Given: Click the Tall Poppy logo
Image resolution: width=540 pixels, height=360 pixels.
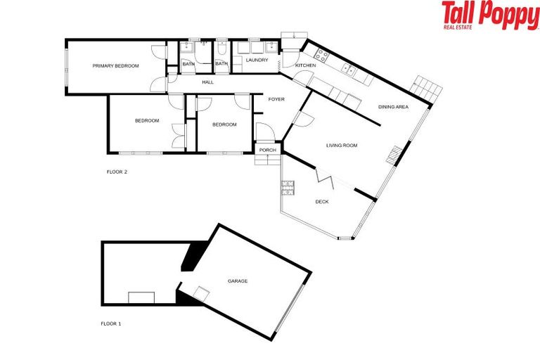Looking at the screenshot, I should [x=490, y=15].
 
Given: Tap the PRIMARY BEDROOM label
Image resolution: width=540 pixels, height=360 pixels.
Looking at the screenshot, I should [x=116, y=66].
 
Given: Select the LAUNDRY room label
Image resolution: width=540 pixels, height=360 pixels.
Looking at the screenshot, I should [x=256, y=60].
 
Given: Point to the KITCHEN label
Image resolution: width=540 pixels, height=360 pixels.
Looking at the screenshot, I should [x=306, y=65].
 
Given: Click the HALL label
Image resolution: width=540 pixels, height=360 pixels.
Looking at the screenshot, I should [x=207, y=83].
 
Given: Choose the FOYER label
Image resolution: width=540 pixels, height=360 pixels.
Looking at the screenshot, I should [x=276, y=100].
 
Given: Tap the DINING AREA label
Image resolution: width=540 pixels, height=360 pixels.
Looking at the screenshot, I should [x=393, y=107].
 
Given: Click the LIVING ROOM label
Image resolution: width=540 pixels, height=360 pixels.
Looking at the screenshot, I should [x=342, y=146].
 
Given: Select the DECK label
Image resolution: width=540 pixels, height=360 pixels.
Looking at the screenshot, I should [x=322, y=202].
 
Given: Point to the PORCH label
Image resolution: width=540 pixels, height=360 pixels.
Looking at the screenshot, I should [x=267, y=150].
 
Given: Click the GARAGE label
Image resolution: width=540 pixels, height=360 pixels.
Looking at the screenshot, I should [x=238, y=281].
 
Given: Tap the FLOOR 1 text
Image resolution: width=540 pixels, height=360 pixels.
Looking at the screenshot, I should [x=110, y=324].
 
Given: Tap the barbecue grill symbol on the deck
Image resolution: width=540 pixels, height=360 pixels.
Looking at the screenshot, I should [x=288, y=188].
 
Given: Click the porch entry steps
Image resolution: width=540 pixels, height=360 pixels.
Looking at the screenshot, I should [x=267, y=160].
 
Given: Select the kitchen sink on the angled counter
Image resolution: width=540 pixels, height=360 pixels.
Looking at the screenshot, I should [x=349, y=69].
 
